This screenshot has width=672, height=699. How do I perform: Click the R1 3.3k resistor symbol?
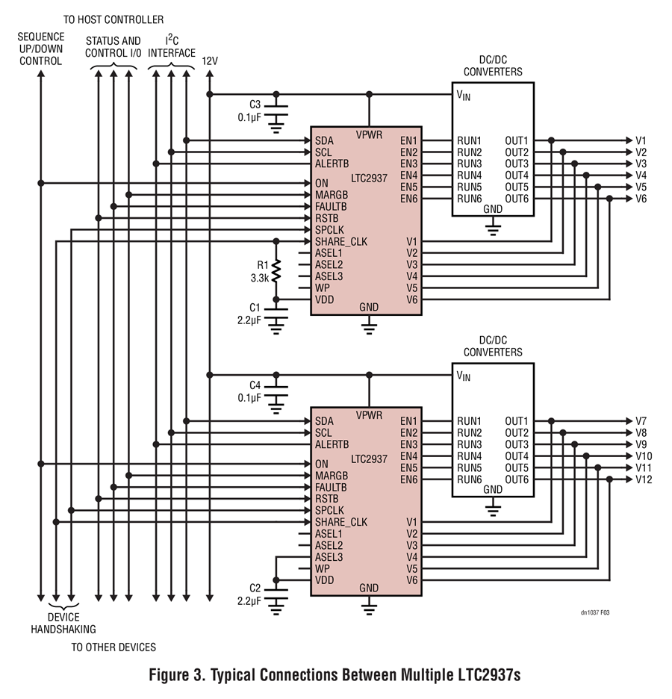[x=276, y=270]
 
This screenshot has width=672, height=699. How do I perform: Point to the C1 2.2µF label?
[x=249, y=314]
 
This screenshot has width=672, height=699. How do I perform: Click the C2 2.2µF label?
[x=249, y=594]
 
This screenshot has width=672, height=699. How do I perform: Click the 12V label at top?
[x=210, y=61]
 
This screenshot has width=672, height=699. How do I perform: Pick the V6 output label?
[x=641, y=199]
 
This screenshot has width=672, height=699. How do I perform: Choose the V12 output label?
[x=644, y=479]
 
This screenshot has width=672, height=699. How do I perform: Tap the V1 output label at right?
[x=641, y=140]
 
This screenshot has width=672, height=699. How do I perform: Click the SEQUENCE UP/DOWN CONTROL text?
[x=41, y=49]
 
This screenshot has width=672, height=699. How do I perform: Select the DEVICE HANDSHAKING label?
[x=63, y=624]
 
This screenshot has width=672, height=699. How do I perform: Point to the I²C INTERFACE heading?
[x=172, y=46]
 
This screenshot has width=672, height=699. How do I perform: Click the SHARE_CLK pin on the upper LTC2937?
[x=341, y=242]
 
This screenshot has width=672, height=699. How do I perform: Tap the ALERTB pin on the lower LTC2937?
[x=332, y=444]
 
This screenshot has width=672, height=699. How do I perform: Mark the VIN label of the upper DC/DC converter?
[x=464, y=96]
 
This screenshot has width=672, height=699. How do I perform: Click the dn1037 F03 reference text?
[x=595, y=612]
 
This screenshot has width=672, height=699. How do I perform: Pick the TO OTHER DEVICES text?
[x=113, y=647]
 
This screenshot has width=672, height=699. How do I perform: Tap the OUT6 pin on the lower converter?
[x=517, y=479]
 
